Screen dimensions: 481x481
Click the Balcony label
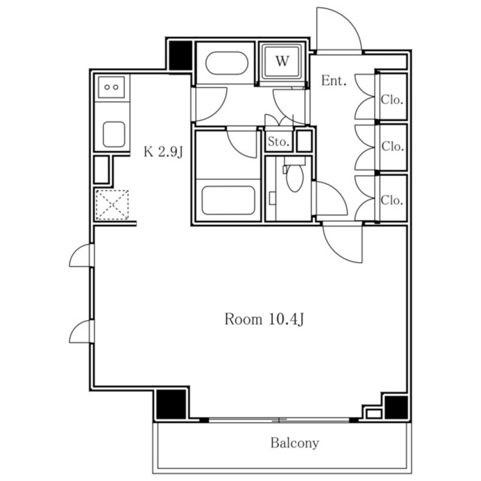[x=295, y=443]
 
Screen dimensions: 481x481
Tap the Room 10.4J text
[x=264, y=319]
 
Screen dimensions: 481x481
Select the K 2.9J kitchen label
[x=163, y=152]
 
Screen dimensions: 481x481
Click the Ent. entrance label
[x=334, y=81]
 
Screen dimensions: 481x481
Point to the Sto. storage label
[x=279, y=142]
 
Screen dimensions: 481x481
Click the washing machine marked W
[x=282, y=61]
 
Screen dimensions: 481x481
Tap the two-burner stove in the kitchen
[x=111, y=87]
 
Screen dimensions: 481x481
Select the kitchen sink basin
[x=114, y=134]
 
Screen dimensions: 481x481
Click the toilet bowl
[x=295, y=177]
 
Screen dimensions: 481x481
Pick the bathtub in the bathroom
[x=228, y=200]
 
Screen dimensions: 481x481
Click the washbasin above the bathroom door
[x=226, y=63]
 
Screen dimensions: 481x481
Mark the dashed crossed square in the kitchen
[x=112, y=205]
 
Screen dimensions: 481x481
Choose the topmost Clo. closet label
[x=392, y=99]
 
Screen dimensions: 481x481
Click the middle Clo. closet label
[x=392, y=147]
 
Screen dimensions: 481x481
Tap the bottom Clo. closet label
[x=392, y=200]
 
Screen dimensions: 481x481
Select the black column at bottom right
[x=396, y=408]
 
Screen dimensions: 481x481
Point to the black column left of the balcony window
[x=171, y=404]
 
